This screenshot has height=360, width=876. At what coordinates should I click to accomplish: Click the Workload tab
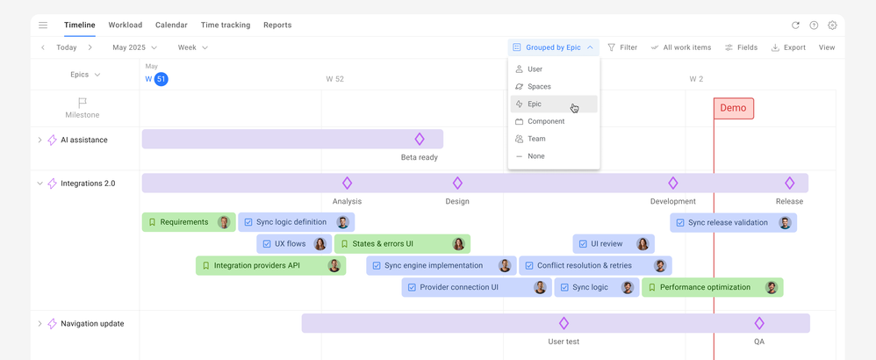[x=125, y=25]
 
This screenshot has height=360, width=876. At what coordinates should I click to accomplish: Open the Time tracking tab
[x=225, y=25]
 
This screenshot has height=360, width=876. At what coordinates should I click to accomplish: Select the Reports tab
[x=277, y=25]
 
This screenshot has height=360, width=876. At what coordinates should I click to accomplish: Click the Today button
[x=66, y=47]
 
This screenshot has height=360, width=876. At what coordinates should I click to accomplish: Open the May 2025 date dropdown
[x=134, y=47]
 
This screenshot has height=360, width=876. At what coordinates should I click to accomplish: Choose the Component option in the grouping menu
[x=545, y=121]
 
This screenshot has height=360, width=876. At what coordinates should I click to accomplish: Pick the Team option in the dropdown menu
[x=536, y=139]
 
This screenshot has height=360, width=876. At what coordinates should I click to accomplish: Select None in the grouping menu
[x=535, y=156]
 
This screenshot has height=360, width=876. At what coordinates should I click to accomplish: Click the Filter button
[x=622, y=47]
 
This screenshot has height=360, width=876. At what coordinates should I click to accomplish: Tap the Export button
[x=788, y=47]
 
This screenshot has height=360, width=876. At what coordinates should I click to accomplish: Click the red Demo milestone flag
[x=733, y=108]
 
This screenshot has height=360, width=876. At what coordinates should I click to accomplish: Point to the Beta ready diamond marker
[x=420, y=139]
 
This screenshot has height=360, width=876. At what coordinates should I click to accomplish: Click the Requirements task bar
[x=183, y=222]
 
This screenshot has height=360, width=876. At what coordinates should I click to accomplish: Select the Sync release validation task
[x=727, y=223]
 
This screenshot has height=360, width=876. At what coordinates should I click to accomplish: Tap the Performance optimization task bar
[x=704, y=287]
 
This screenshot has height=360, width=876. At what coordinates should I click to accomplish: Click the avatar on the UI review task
[x=643, y=244]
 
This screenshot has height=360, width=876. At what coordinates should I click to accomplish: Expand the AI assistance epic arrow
[x=39, y=140]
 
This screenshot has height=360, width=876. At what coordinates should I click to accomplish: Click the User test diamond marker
[x=564, y=323]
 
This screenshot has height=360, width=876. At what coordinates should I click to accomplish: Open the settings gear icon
[x=832, y=25]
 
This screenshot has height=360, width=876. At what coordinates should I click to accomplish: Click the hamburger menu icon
[x=43, y=25]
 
